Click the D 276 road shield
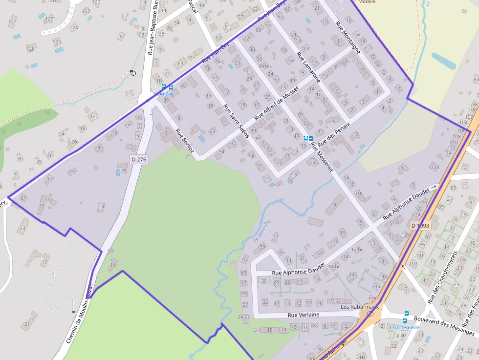(x=139, y=159)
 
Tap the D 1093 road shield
(x=420, y=226)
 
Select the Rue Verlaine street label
(x=304, y=315)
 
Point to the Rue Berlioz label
(x=185, y=144)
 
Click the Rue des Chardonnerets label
(x=442, y=277)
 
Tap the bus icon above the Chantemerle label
(x=406, y=314)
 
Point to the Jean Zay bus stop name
(x=164, y=93)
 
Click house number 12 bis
(x=358, y=250)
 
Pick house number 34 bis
(x=265, y=66)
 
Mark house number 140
(x=353, y=274)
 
